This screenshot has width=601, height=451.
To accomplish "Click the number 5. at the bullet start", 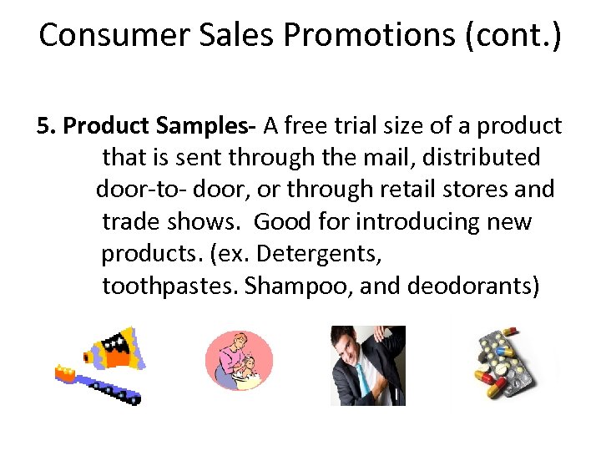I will pos(47,126).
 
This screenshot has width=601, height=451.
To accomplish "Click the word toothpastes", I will pos(170,286).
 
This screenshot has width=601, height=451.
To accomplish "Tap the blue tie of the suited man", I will pos(361,375).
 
